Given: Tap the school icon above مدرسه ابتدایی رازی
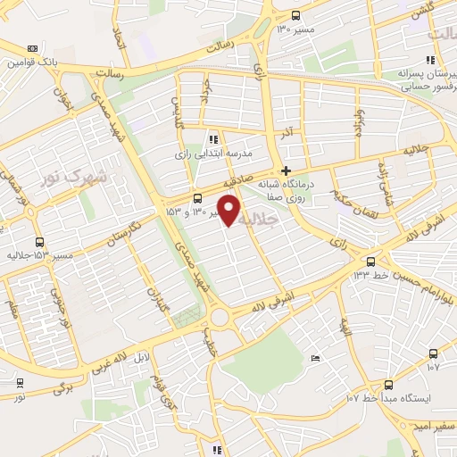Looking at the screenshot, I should click(212, 138).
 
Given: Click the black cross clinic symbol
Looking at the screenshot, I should click(286, 170).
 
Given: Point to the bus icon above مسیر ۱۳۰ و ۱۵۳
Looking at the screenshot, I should click(197, 199).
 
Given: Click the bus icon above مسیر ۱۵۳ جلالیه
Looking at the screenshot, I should click(39, 242).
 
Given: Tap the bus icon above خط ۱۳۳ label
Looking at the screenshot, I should click(370, 261).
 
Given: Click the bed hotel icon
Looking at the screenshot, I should click(315, 358).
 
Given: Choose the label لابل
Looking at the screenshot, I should click(142, 357).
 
